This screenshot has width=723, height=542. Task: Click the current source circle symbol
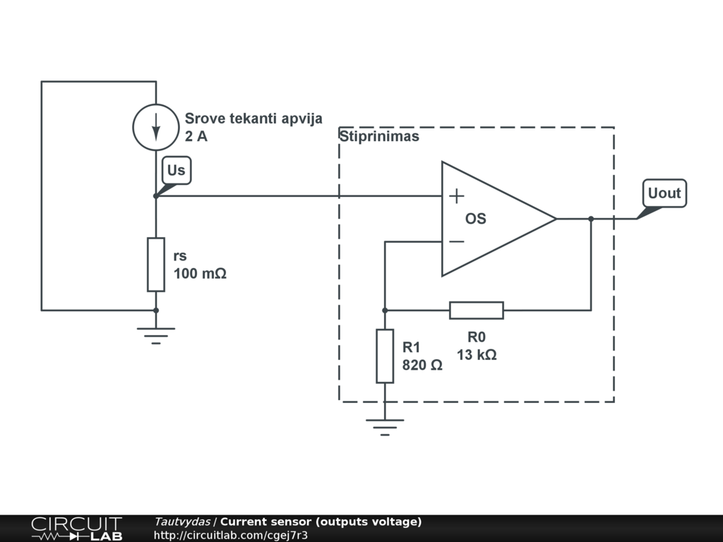pos(156,127)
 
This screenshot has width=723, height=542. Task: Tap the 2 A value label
pos(196,137)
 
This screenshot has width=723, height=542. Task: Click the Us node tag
pos(177,170)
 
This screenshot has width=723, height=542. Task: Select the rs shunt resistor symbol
pos(156,265)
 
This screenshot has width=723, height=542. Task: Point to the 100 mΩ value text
pos(200,274)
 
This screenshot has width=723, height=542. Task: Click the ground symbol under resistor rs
pos(156,335)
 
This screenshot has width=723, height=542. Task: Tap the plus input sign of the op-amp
pos(457,195)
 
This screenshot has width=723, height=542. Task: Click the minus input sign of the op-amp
pos(457,242)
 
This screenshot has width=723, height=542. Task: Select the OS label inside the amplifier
pos(475,219)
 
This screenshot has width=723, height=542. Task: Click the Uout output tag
pos(664,193)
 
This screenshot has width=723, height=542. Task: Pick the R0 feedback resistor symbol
pos(477,310)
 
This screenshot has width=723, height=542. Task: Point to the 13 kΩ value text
pos(477,355)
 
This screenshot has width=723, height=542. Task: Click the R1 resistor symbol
pos(385,356)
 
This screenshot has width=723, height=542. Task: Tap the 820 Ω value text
pos(422,365)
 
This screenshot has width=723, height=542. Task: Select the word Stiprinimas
pos(379,136)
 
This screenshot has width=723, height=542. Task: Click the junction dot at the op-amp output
pos(591,219)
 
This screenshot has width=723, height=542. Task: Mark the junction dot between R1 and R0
pos(385,310)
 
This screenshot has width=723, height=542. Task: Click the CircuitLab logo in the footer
pos(76,529)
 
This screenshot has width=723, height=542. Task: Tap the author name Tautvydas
pos(182,522)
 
